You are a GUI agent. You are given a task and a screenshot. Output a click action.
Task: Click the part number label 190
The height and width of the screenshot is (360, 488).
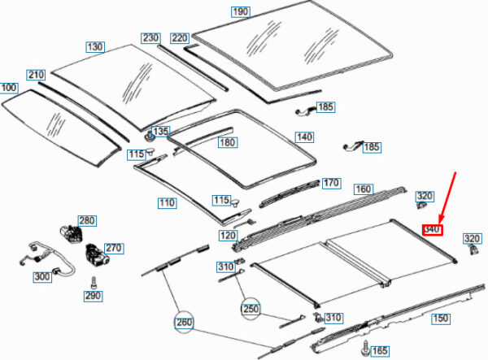click(x=240, y=12)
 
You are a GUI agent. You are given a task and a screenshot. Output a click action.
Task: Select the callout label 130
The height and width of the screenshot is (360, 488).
click(x=95, y=47)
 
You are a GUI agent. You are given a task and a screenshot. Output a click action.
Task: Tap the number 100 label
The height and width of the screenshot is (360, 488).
click(x=9, y=87)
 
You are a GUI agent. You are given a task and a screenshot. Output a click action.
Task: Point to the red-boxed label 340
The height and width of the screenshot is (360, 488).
click(x=432, y=230)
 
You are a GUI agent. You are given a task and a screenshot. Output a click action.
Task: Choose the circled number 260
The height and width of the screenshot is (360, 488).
click(x=185, y=323)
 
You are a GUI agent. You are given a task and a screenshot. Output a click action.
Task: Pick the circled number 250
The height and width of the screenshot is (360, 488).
click(x=252, y=309)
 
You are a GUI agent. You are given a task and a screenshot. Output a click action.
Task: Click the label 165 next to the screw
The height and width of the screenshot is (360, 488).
click(x=380, y=350)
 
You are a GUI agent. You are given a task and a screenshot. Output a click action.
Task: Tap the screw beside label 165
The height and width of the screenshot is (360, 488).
click(x=361, y=349)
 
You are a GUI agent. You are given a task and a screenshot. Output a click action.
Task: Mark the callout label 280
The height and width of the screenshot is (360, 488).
click(x=86, y=220)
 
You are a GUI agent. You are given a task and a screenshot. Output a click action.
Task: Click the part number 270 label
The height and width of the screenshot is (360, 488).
click(x=113, y=248)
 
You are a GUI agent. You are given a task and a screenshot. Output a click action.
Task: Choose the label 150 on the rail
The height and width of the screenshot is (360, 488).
click(x=439, y=318)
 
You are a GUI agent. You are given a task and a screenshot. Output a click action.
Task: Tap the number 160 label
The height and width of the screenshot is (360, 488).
click(x=363, y=189)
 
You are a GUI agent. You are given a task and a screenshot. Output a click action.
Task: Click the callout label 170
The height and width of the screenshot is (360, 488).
click(x=330, y=183)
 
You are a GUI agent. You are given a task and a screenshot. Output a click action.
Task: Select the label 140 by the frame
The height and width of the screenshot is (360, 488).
click(x=303, y=137)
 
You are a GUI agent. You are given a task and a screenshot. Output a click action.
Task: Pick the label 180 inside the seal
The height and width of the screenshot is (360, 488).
click(x=227, y=142)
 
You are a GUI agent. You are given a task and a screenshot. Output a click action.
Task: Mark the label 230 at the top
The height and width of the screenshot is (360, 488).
click(x=151, y=38)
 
